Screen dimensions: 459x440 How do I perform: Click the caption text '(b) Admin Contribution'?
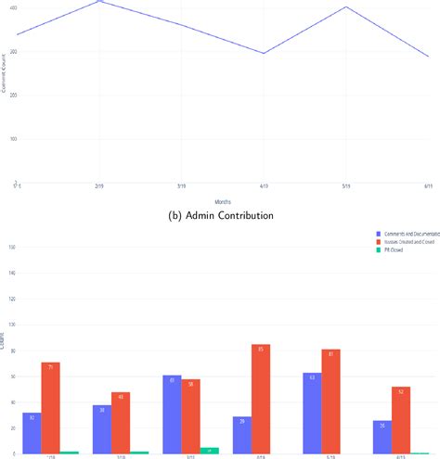tap(220, 215)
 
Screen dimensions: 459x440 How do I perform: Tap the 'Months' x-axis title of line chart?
tap(223, 200)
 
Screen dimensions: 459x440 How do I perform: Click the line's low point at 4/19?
tap(265, 53)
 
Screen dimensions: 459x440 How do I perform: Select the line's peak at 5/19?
tap(346, 7)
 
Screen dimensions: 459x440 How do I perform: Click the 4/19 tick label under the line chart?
tap(265, 188)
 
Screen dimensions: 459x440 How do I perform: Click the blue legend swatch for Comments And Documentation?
tap(377, 233)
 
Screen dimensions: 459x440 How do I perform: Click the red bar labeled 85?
tap(261, 399)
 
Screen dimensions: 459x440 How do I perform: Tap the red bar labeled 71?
tap(50, 408)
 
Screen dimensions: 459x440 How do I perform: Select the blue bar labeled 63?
tap(313, 413)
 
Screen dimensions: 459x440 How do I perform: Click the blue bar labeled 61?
tap(172, 414)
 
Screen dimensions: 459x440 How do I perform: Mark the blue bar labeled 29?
tap(242, 435)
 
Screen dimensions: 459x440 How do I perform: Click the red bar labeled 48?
tap(121, 423)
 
